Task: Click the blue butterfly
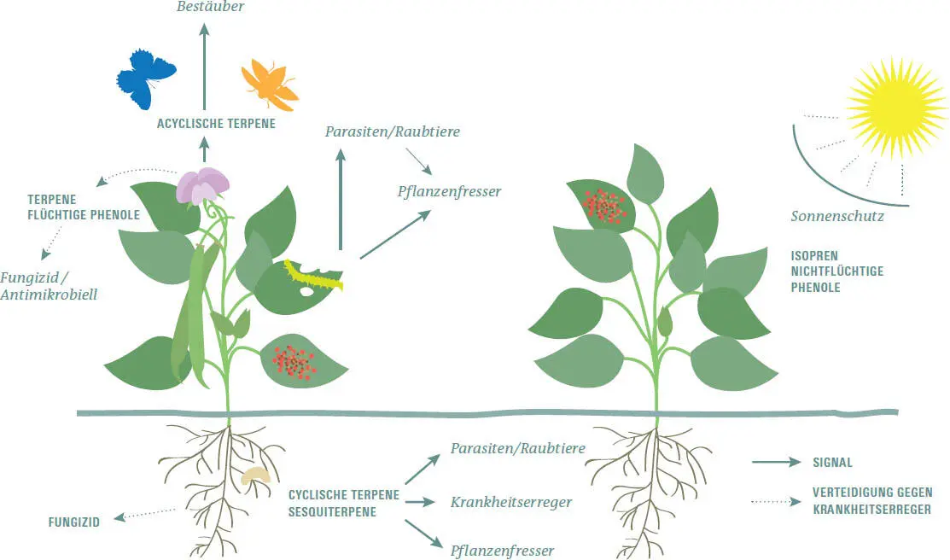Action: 145,79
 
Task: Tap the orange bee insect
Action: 267,84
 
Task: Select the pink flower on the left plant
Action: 203,185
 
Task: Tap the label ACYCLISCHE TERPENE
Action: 216,124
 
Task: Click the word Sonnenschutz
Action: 836,217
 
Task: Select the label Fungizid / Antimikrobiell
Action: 50,286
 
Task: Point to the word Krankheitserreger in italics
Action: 510,502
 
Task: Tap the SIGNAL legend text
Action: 832,463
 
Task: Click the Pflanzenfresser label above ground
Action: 449,191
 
